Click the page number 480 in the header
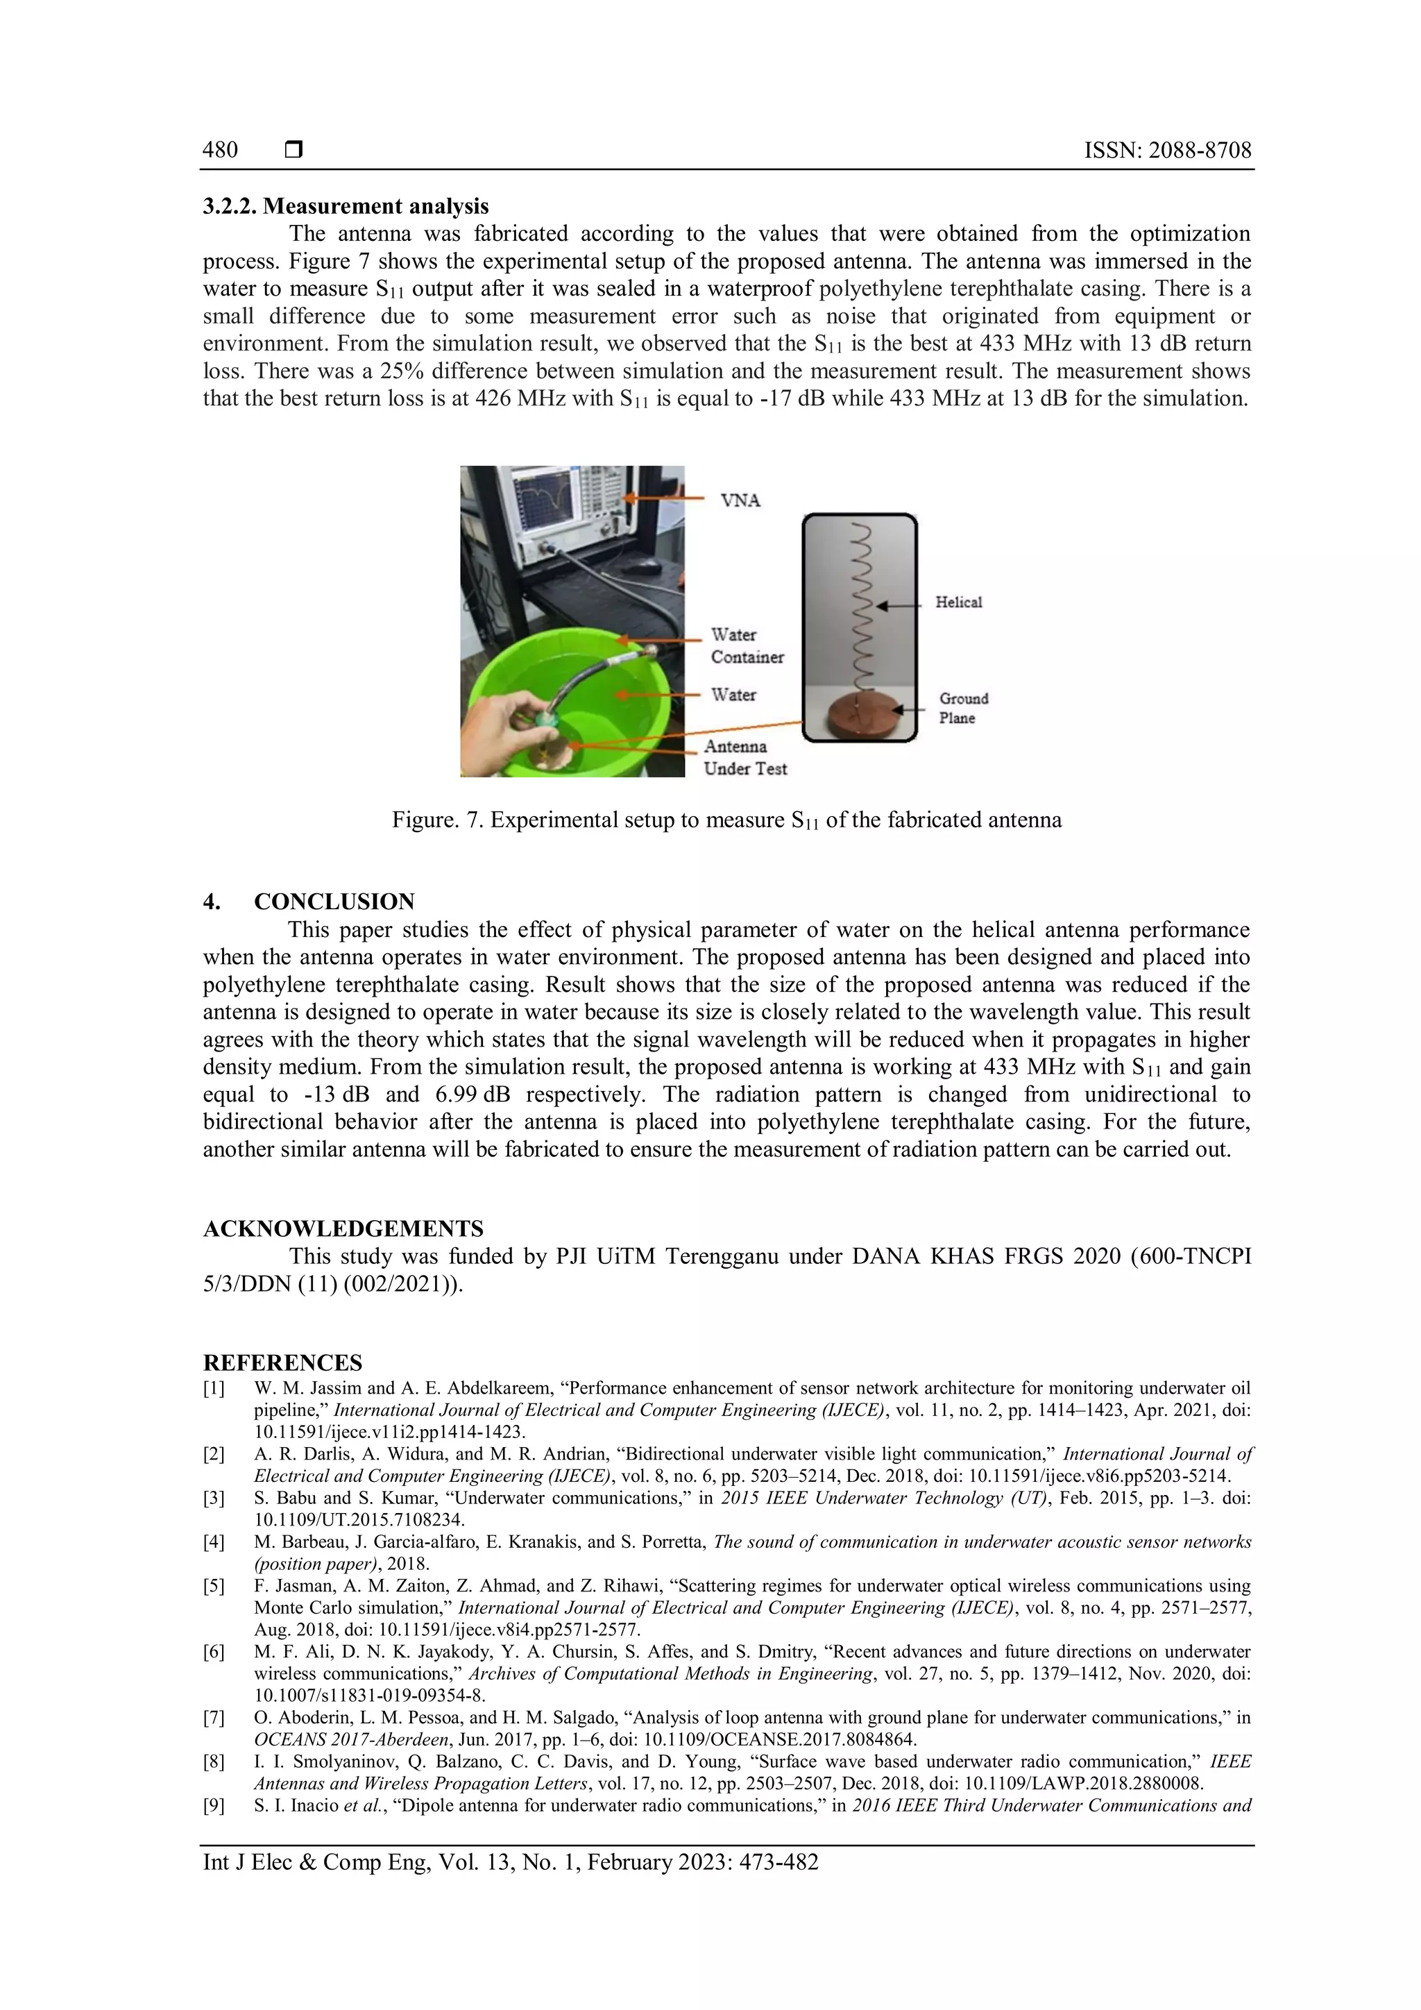(220, 150)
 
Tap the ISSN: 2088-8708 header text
(1167, 150)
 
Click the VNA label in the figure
(740, 500)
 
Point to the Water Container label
(747, 645)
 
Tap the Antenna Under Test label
(744, 757)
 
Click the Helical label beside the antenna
(958, 602)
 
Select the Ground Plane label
(962, 708)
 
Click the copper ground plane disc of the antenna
(859, 716)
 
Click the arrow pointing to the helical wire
(899, 605)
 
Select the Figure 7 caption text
(726, 820)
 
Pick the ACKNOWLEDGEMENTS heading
(343, 1228)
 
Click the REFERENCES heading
(282, 1363)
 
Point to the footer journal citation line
(510, 1862)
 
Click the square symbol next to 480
(293, 150)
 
